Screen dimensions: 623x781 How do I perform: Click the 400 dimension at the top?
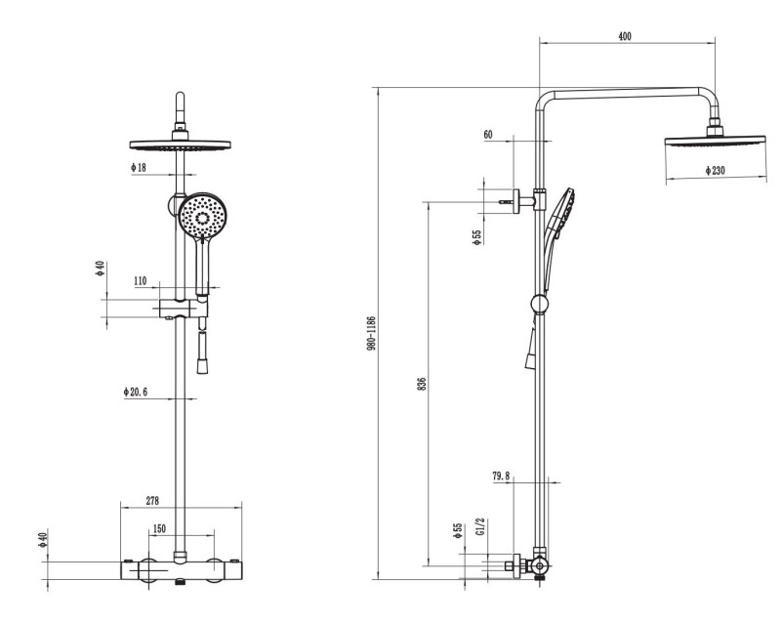tap(625, 36)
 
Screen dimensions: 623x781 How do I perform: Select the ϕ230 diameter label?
tap(720, 171)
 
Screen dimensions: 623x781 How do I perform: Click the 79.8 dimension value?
tap(501, 476)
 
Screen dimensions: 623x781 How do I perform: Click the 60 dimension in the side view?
tap(488, 135)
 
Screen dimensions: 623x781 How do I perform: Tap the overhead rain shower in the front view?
tap(181, 143)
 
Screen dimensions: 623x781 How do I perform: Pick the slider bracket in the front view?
tap(182, 309)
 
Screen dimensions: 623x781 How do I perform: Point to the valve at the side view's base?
tap(535, 566)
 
